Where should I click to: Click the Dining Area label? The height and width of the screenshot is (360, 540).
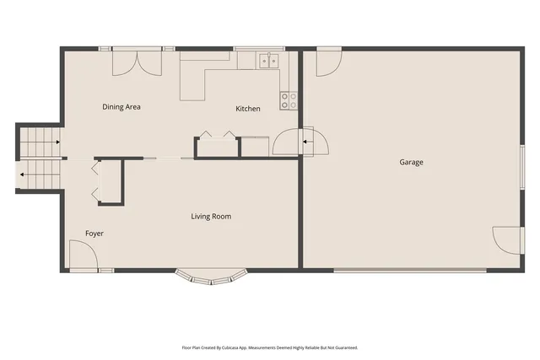121,107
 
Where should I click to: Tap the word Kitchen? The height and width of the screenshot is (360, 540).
247,109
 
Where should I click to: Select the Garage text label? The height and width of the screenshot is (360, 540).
411,162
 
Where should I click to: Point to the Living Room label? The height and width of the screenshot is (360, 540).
210,217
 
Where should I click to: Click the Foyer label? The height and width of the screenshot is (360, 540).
94,233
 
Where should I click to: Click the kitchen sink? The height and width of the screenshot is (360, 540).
269,60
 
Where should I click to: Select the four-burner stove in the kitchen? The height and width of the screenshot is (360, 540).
289,100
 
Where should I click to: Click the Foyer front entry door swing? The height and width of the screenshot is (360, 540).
81,255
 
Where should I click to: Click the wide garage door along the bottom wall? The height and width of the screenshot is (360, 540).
410,270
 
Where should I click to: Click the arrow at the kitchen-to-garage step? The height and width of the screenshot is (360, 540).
307,141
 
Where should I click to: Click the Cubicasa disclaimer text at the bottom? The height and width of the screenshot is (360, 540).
270,347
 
